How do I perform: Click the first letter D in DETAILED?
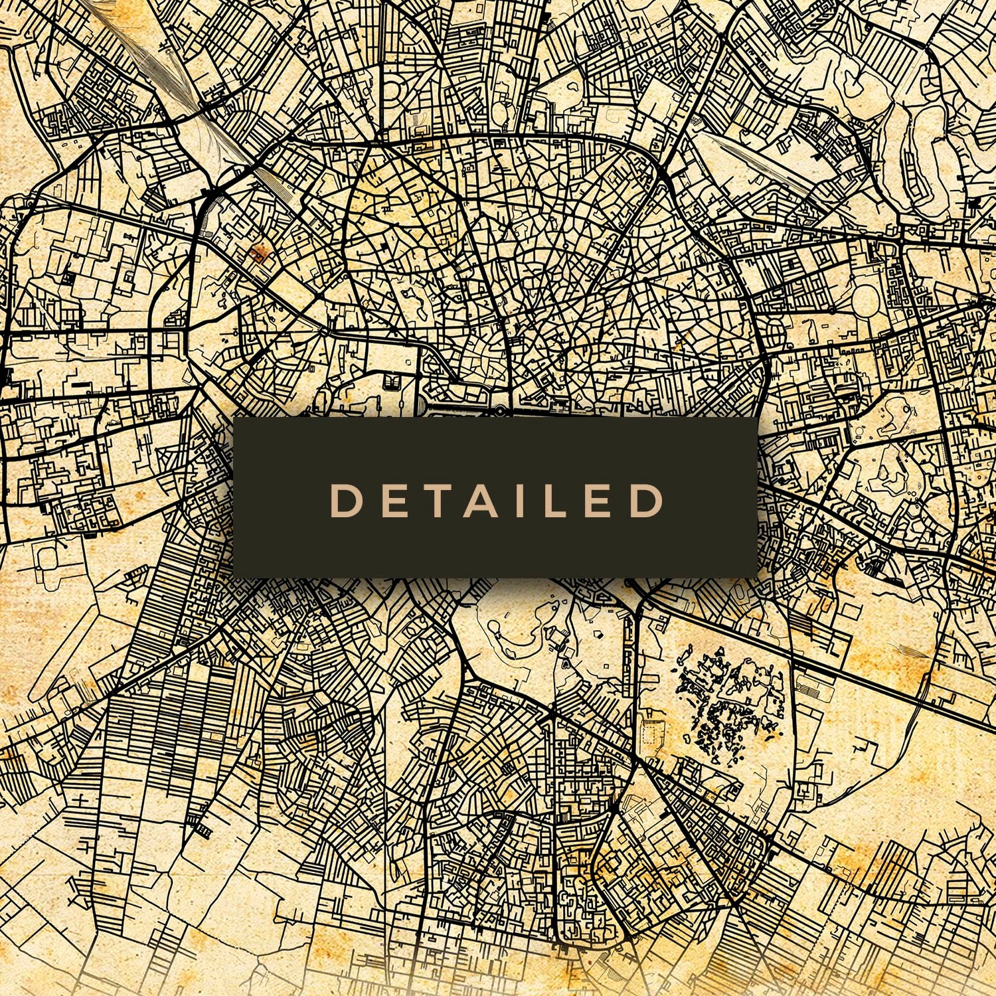click(x=345, y=501)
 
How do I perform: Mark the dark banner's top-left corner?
click(x=234, y=419)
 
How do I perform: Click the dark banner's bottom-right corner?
click(x=758, y=576)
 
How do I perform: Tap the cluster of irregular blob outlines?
click(x=727, y=704)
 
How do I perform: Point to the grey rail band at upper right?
click(x=750, y=159)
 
